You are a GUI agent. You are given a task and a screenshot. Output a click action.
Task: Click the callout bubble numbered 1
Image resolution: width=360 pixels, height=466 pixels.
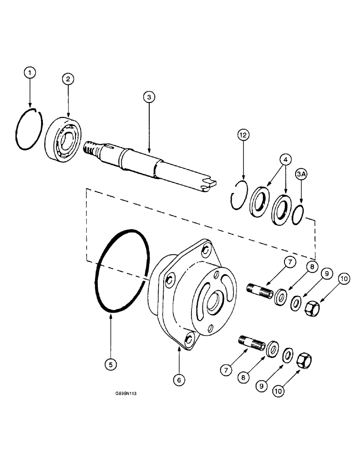point(30,73)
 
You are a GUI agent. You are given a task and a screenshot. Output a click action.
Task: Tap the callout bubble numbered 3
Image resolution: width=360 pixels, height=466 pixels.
point(149,97)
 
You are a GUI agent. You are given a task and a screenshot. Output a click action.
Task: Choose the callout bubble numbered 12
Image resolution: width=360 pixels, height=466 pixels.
point(242,135)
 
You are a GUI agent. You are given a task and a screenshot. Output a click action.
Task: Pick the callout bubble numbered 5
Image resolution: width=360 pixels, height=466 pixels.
point(111,365)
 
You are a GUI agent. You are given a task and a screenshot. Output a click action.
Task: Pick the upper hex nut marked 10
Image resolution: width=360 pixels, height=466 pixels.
point(311,307)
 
